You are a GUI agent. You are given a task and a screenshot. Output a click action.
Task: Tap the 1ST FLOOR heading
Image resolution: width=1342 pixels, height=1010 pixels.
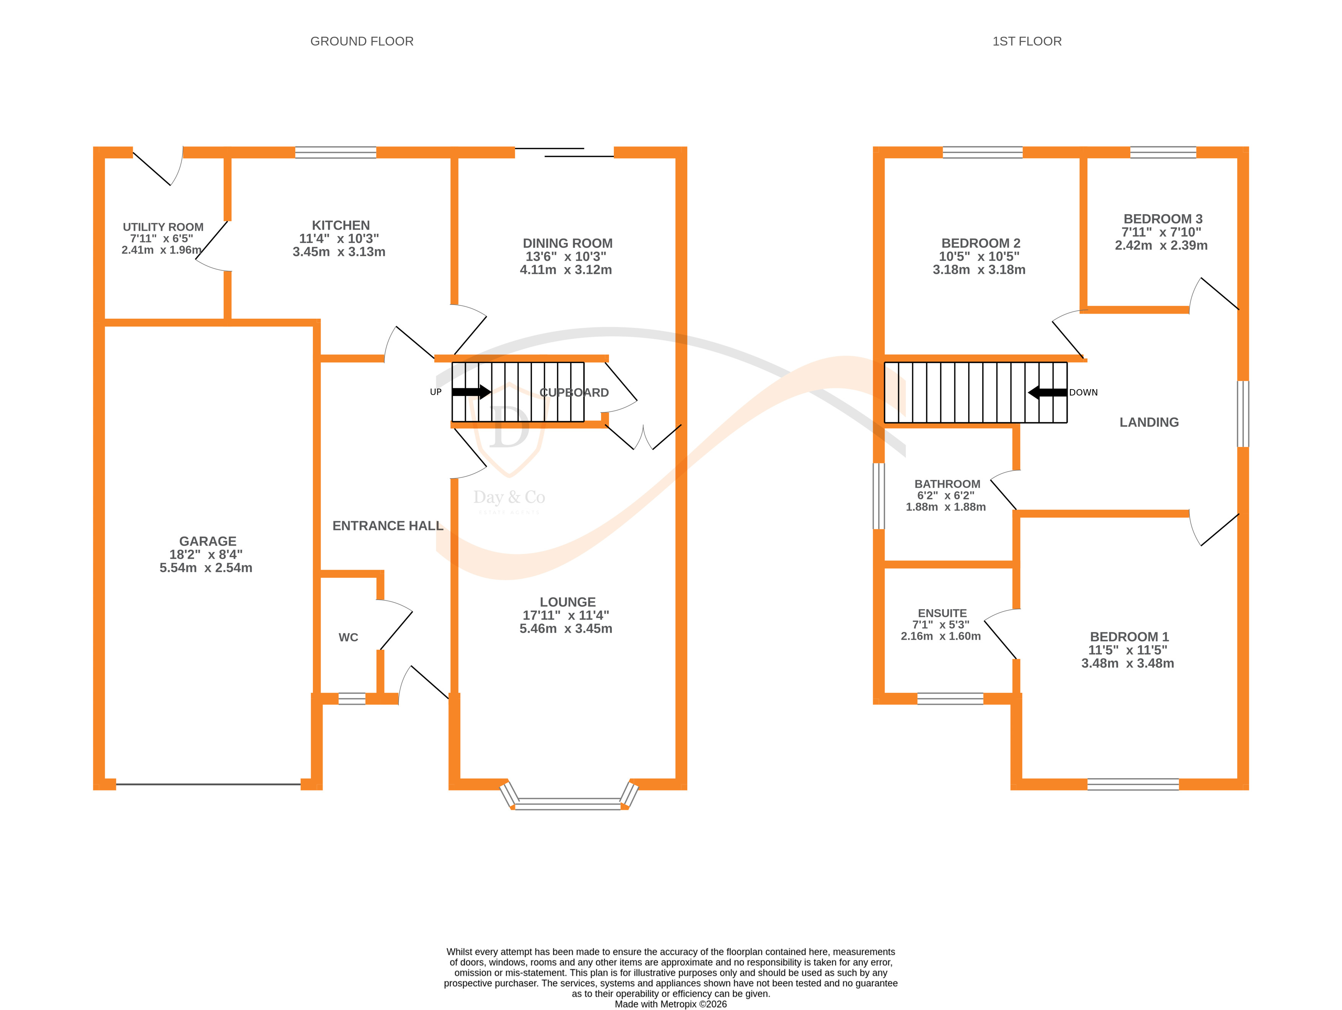pyautogui.click(x=1027, y=41)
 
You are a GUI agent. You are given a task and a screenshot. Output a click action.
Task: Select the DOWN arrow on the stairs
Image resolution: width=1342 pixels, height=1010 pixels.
pyautogui.click(x=1047, y=393)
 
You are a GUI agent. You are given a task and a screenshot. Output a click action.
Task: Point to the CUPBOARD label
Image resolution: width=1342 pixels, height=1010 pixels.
pyautogui.click(x=574, y=393)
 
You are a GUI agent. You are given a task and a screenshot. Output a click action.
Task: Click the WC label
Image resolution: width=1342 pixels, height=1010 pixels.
pyautogui.click(x=348, y=637)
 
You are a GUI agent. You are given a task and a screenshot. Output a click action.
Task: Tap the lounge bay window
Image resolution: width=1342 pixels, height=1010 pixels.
pyautogui.click(x=568, y=805)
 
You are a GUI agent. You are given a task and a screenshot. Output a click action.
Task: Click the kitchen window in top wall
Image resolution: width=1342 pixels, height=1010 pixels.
pyautogui.click(x=336, y=152)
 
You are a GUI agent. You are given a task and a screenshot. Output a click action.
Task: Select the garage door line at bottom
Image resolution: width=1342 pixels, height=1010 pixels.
pyautogui.click(x=208, y=784)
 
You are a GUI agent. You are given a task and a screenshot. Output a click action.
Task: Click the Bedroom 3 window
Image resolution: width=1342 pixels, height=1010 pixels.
pyautogui.click(x=1163, y=152)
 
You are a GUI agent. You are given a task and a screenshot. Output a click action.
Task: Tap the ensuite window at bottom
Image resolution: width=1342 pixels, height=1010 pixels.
pyautogui.click(x=950, y=699)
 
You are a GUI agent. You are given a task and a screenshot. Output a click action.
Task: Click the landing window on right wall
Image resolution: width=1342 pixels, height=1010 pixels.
pyautogui.click(x=1243, y=414)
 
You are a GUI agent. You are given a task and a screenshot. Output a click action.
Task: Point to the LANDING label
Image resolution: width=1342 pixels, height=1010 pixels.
pyautogui.click(x=1149, y=422)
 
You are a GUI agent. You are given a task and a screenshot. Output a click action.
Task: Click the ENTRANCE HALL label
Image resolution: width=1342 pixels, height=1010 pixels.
pyautogui.click(x=388, y=526)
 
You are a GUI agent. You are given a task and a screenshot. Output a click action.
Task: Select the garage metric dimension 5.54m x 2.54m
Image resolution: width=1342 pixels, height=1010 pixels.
pyautogui.click(x=205, y=568)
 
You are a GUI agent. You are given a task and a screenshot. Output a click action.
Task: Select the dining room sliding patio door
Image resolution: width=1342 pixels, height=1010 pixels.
pyautogui.click(x=564, y=152)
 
